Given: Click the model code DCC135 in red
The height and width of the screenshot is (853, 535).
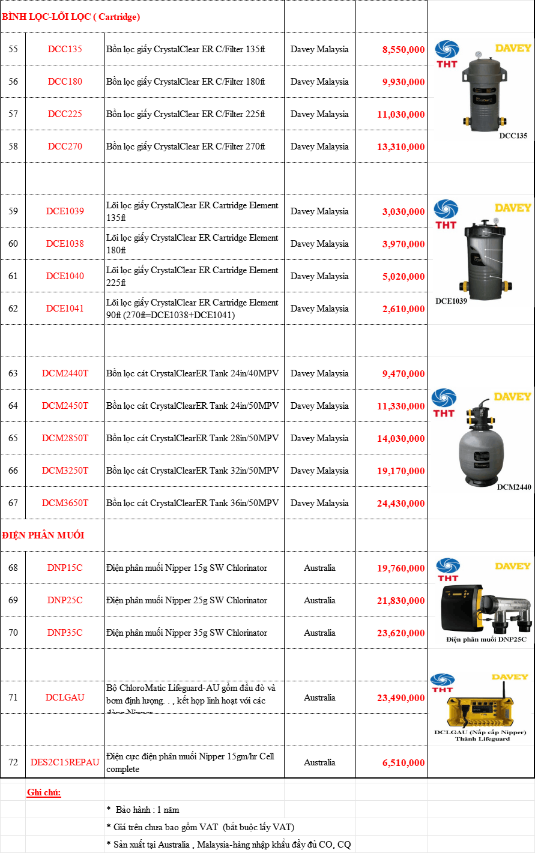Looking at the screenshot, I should tap(65, 49).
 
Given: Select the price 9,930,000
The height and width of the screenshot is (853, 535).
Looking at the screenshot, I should tap(404, 82).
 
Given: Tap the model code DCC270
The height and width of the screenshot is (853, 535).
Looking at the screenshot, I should tap(65, 146).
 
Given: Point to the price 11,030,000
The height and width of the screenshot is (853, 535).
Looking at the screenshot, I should tap(401, 115).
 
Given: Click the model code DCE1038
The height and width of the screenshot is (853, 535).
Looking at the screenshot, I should tap(65, 244).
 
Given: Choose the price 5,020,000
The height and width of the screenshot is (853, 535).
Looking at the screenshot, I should tap(404, 277).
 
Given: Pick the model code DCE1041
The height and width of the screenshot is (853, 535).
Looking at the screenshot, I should tap(65, 309).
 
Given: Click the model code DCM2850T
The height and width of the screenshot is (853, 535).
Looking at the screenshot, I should tap(65, 438).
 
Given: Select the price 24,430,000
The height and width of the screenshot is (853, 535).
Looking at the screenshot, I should tap(401, 504).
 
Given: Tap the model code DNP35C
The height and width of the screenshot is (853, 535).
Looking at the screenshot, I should tap(65, 633).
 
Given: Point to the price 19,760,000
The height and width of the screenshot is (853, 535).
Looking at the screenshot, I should tap(401, 568).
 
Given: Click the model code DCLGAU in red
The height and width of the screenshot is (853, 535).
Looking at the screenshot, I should tap(65, 698).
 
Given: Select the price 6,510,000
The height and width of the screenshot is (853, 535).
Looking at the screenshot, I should tap(404, 763).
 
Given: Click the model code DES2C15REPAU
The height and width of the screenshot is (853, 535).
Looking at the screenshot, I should tap(65, 762).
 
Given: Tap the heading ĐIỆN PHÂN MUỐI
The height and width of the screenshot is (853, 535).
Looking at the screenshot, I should tap(43, 535).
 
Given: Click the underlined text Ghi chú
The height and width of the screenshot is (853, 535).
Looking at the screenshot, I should tap(44, 792).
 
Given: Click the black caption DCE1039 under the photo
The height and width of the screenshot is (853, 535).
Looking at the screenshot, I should tap(451, 300).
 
